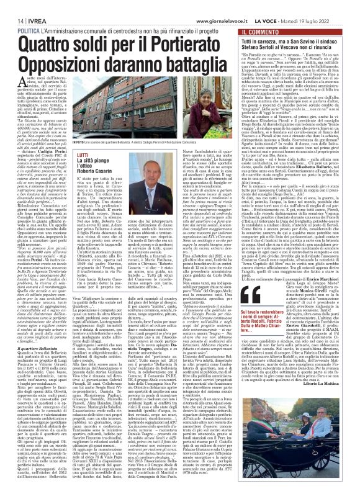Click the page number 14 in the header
(12, 4)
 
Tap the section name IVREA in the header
(30, 4)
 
